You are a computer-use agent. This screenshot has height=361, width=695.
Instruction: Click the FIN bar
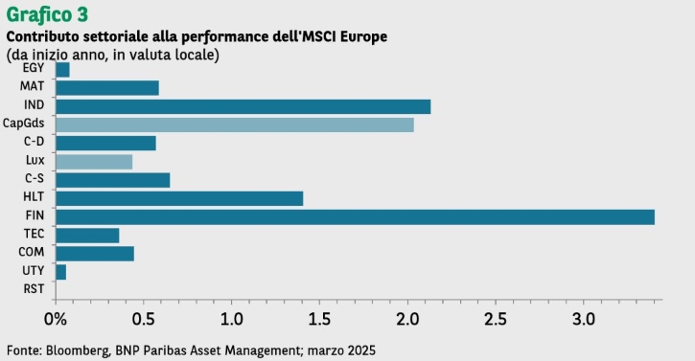(x=356, y=217)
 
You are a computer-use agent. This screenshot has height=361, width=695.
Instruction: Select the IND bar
(x=243, y=106)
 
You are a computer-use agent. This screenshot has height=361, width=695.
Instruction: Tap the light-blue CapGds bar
(x=235, y=124)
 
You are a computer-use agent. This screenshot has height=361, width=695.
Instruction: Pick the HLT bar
(x=179, y=198)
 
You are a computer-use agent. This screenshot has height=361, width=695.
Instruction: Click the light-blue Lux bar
(x=94, y=162)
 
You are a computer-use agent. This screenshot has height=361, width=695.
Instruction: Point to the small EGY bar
(x=63, y=70)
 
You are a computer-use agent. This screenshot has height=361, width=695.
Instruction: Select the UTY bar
(x=61, y=272)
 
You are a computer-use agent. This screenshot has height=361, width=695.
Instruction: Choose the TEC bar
(x=88, y=236)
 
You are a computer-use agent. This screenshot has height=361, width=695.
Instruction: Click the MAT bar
(x=107, y=88)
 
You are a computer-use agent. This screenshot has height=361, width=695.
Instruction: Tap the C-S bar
(x=113, y=180)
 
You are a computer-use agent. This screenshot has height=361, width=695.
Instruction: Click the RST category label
(x=34, y=289)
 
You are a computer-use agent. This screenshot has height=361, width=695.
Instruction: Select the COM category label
(x=32, y=252)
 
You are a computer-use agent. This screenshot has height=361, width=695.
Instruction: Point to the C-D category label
(x=35, y=142)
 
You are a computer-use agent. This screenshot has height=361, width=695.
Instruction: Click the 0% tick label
(x=56, y=319)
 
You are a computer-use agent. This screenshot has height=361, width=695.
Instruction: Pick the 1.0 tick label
(x=231, y=319)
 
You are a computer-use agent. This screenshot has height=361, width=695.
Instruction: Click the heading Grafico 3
(x=47, y=14)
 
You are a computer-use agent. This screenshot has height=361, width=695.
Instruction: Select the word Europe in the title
(x=363, y=36)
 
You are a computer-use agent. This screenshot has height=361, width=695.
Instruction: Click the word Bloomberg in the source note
(x=78, y=350)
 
